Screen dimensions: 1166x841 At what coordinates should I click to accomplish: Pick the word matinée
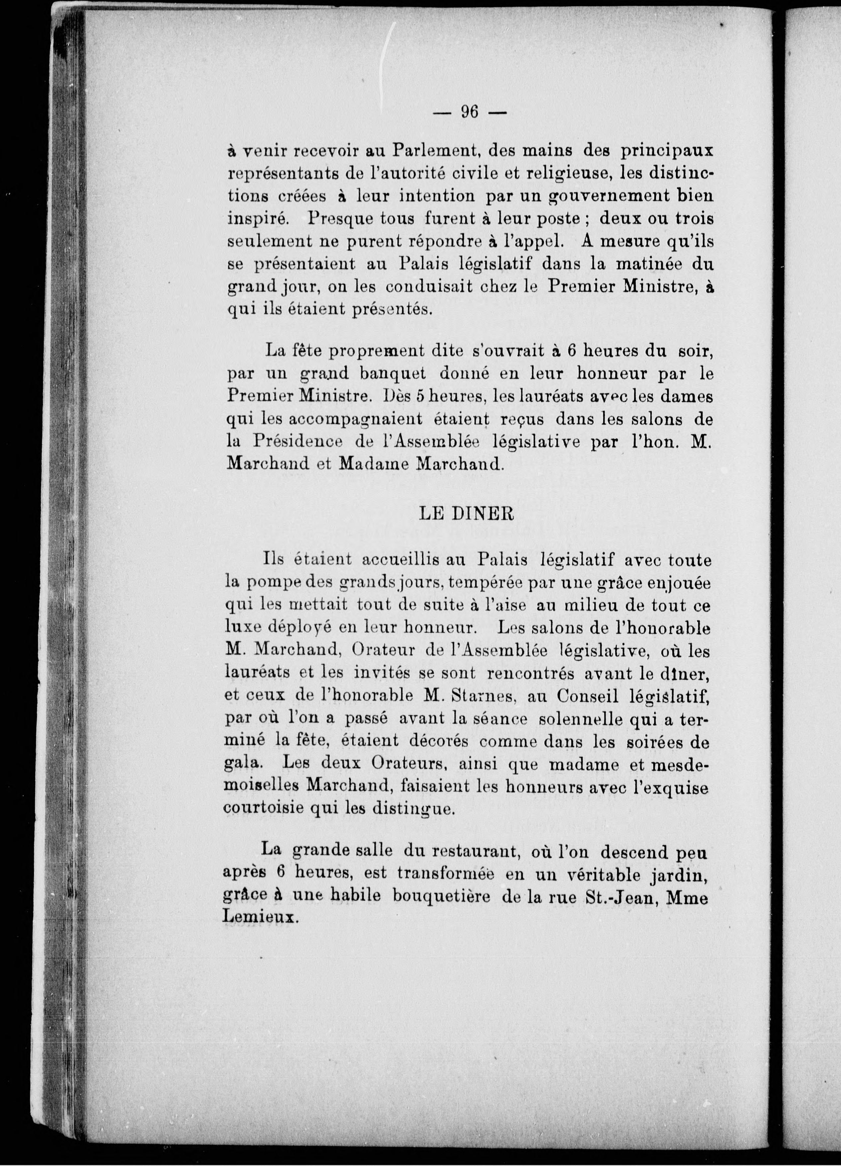tap(630, 264)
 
